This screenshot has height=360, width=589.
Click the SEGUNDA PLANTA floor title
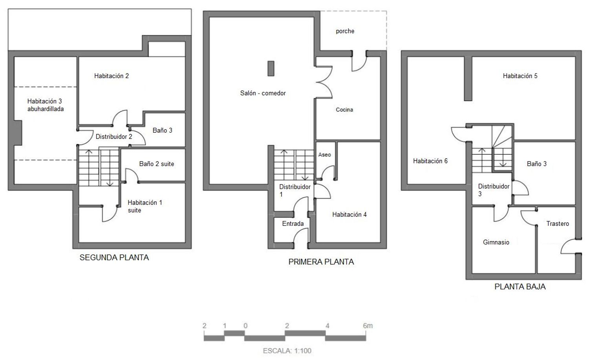114,258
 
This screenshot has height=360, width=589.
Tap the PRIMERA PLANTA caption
321,262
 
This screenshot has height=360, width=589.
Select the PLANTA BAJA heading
520,287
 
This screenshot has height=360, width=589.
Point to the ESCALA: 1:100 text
287,351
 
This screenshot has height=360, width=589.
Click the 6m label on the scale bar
368,326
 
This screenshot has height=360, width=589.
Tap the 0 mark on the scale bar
245,326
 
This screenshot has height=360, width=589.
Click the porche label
345,31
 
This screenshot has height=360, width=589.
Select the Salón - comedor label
263,93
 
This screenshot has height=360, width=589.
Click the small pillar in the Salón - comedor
271,68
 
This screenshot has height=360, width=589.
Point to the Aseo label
324,155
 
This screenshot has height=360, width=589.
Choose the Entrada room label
293,223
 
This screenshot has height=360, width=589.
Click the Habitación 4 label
349,214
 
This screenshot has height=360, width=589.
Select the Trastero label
557,223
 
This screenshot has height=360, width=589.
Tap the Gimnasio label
496,242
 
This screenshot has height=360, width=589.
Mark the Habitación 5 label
520,76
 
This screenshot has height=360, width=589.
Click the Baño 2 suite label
156,164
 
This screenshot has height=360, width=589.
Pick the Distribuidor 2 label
114,137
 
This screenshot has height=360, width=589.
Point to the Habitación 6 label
430,161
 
